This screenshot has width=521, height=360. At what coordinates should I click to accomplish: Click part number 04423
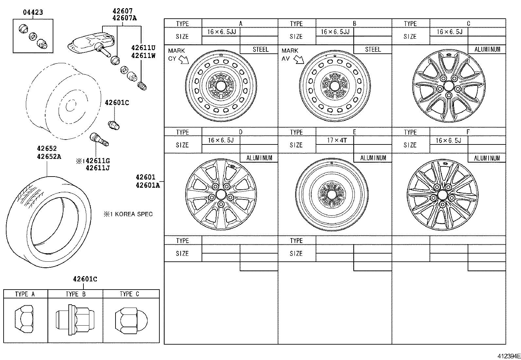33,12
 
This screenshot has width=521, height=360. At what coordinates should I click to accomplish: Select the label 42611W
143,56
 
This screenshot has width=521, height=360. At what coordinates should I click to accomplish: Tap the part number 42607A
124,18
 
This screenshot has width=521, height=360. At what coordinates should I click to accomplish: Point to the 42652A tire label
49,157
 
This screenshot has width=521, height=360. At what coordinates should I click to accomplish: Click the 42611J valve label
98,168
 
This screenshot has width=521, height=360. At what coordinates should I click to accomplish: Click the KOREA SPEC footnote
128,214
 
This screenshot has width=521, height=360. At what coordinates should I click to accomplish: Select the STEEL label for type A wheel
260,49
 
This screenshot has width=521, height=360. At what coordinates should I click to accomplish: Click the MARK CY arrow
184,60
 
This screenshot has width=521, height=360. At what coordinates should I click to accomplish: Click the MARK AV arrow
298,60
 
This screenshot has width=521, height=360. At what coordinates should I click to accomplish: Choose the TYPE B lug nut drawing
75,320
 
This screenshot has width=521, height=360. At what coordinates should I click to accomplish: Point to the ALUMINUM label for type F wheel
487,158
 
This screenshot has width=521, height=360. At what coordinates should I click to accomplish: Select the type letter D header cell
241,132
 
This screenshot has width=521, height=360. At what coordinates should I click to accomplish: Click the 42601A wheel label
148,185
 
